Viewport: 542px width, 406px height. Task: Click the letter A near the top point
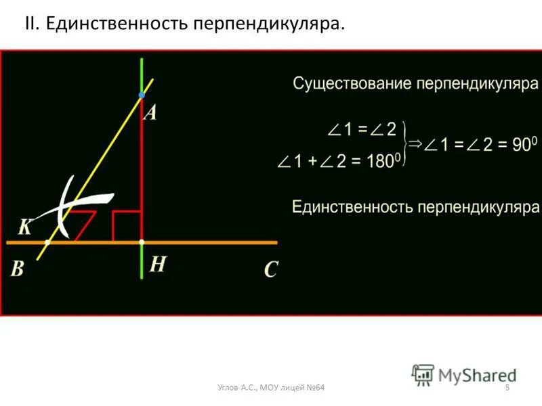[150, 112]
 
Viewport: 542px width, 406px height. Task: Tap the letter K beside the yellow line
[24, 227]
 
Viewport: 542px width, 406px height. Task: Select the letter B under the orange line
[17, 269]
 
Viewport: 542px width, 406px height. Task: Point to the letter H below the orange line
[157, 265]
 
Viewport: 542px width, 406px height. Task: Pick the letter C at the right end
[271, 271]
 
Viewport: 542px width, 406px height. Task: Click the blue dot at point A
[142, 95]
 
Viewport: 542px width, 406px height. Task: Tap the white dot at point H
[142, 242]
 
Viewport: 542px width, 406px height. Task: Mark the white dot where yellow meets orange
[47, 242]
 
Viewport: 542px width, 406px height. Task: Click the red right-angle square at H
[127, 226]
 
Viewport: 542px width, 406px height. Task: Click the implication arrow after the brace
[415, 144]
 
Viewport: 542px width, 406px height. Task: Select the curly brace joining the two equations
[404, 144]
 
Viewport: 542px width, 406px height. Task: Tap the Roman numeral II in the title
[32, 24]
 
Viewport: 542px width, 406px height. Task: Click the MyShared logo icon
[423, 374]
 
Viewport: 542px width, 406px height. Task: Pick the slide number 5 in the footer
[507, 386]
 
